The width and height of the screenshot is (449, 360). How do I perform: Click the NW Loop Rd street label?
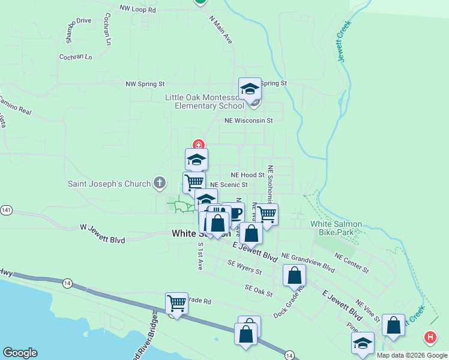tap(137, 10)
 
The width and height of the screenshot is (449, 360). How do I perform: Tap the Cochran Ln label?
tap(76, 57)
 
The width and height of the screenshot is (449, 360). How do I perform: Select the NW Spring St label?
tap(145, 85)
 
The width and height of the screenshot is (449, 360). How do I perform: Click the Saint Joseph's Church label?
tap(109, 184)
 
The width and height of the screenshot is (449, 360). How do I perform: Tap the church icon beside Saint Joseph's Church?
tap(159, 182)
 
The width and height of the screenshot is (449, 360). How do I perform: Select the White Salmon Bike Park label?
tap(336, 228)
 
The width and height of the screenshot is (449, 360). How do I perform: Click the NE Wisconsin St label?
tap(249, 121)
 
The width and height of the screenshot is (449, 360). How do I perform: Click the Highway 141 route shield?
tap(5, 211)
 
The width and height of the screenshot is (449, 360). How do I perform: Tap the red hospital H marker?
tap(430, 338)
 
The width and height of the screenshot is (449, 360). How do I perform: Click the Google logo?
tap(20, 353)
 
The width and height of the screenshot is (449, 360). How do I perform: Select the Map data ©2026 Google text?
tap(411, 355)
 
